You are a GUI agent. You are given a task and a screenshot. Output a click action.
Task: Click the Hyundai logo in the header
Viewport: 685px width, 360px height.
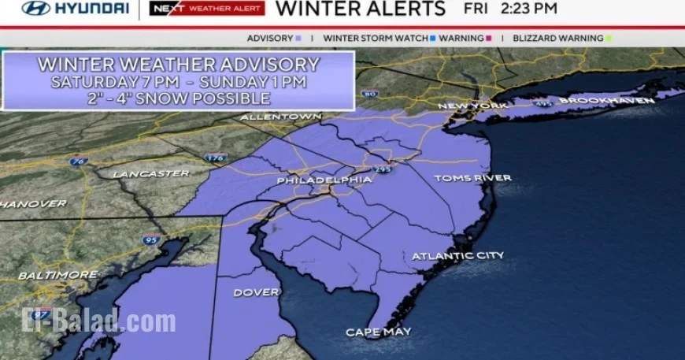pos(75,9)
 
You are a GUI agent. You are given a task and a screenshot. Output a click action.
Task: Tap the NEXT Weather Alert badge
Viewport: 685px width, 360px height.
pos(206,9)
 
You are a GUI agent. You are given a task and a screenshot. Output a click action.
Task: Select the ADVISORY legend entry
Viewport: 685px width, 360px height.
pos(274,38)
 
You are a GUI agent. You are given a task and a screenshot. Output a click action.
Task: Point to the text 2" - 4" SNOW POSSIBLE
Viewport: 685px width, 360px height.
pos(179,98)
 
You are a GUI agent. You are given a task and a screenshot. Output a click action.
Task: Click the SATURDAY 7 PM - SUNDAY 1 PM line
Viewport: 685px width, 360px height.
pos(179,81)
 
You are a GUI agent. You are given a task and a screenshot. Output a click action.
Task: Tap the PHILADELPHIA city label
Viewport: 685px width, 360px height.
pos(324,180)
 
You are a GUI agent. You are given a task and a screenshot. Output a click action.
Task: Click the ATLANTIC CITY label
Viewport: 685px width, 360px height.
pos(457,256)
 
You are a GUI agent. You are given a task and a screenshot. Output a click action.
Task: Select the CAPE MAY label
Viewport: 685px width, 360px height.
pos(377,332)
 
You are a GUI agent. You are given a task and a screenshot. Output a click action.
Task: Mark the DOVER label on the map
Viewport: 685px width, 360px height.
pos(256,292)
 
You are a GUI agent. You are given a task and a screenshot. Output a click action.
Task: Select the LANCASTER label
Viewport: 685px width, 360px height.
pos(150,173)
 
